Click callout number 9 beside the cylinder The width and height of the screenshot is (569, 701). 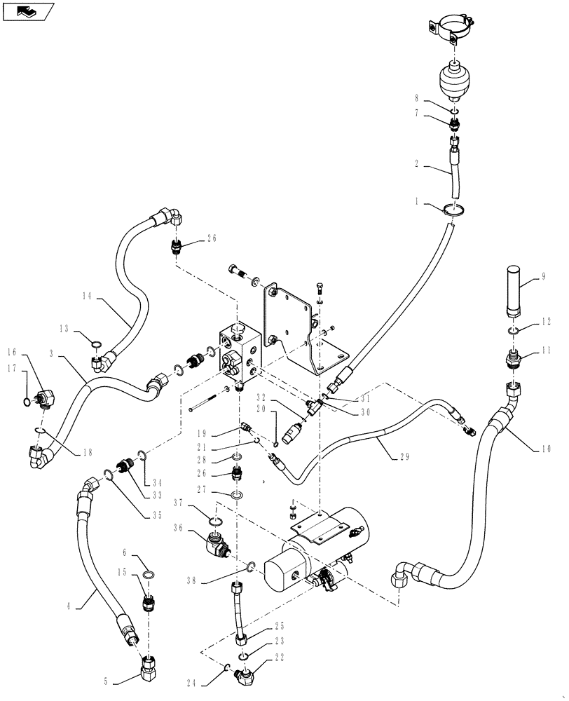coord(542,276)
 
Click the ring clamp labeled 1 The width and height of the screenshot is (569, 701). coord(454,208)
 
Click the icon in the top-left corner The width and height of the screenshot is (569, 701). coord(29,11)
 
